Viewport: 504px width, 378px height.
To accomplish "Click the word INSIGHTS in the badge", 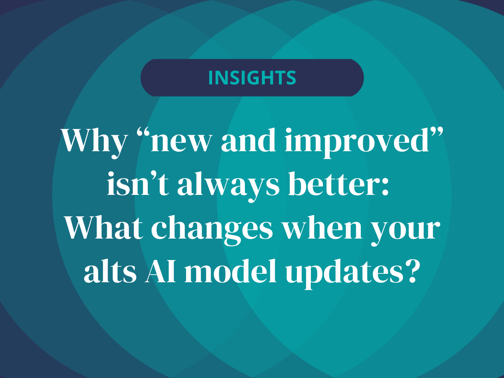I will [x=252, y=78].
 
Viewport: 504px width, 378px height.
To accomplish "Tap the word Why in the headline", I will [x=94, y=141].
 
